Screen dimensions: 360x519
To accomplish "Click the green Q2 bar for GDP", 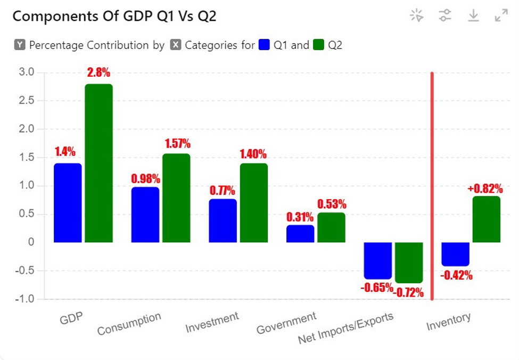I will (98, 163).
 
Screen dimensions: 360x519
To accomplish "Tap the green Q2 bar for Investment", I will (253, 203).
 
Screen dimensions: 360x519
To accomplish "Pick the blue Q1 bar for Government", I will (300, 234).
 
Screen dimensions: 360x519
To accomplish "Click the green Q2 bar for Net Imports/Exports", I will (409, 263).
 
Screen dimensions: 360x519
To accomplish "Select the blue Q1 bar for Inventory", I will (456, 254).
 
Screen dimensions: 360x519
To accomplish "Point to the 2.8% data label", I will (98, 73).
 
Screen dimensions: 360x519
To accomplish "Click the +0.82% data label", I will (485, 189).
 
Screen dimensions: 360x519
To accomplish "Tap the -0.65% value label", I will (376, 288).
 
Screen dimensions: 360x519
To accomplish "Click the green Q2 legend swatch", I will (318, 45).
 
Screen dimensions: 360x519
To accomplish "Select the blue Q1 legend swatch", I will (264, 45).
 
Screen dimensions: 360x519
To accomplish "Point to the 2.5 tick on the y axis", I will (26, 100).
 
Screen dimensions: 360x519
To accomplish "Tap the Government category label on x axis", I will (286, 323).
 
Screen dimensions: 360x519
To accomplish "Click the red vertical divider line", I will (432, 186).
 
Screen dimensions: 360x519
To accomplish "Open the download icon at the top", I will (473, 16).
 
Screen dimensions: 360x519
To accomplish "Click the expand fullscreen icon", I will (501, 16).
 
